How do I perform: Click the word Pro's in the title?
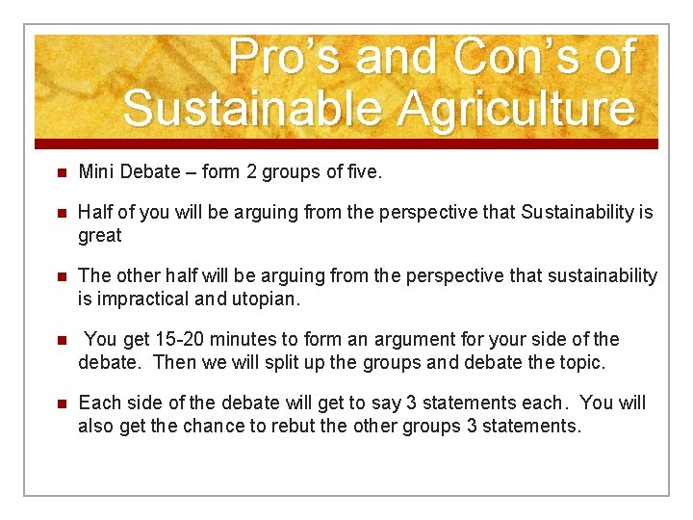tap(284, 57)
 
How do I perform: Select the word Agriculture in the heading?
tap(501, 108)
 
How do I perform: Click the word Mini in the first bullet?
tap(96, 172)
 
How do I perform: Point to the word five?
tap(362, 172)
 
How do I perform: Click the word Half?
tap(95, 213)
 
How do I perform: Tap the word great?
tap(100, 235)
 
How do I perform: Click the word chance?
tap(225, 426)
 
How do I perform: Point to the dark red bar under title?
tap(346, 143)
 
